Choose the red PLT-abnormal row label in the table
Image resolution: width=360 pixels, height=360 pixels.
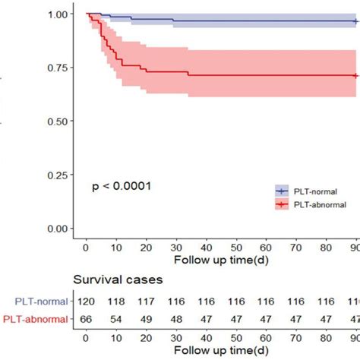click(x=35, y=318)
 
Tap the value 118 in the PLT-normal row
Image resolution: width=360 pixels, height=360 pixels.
click(x=116, y=302)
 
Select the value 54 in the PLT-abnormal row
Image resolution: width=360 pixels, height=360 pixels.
click(x=116, y=318)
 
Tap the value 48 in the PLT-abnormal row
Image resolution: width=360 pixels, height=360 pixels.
click(x=176, y=318)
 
